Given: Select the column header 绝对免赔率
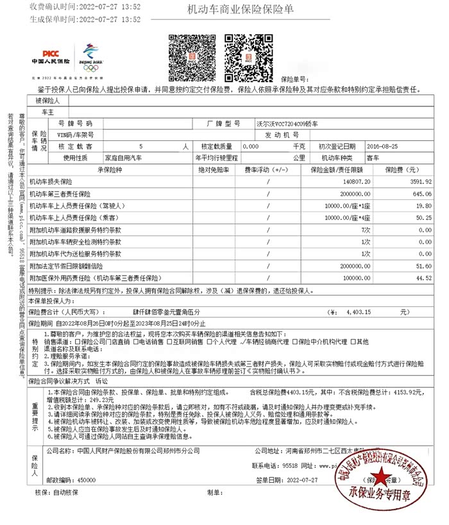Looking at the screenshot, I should (214, 170).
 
